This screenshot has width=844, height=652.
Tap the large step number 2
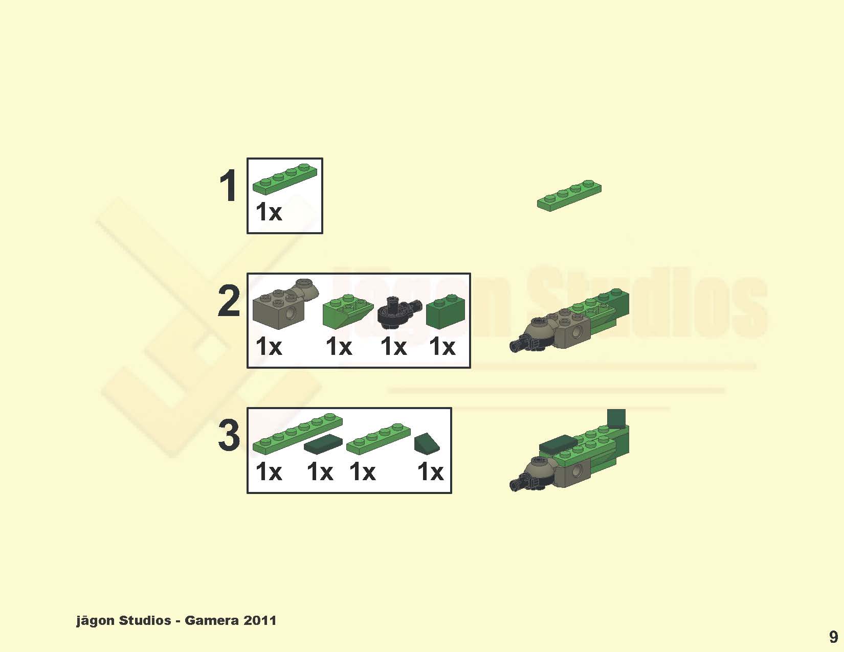coord(229,300)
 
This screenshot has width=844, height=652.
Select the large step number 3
coord(229,436)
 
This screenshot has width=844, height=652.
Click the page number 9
coord(834,637)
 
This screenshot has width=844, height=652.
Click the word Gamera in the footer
coord(211,620)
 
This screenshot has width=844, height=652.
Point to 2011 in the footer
coord(260,620)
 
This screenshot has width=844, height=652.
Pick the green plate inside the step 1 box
coord(285,179)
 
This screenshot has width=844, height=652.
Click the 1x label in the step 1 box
coord(269,212)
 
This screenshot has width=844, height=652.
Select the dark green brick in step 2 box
coord(446,311)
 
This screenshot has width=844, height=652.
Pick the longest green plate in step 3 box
coord(298,434)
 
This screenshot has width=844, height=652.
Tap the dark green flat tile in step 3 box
coord(323,444)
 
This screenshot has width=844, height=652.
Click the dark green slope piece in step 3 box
coord(427,443)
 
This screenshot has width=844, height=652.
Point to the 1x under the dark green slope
coord(430,472)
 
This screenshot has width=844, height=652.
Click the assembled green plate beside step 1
coord(569,196)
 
